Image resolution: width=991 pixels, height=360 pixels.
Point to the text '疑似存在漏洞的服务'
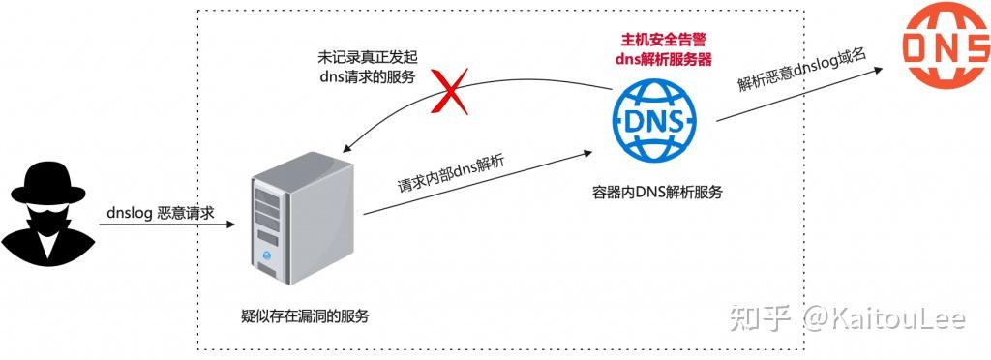[305, 315]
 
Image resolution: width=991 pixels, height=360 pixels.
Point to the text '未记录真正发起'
[368, 58]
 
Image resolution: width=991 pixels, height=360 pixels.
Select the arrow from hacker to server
[165, 225]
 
